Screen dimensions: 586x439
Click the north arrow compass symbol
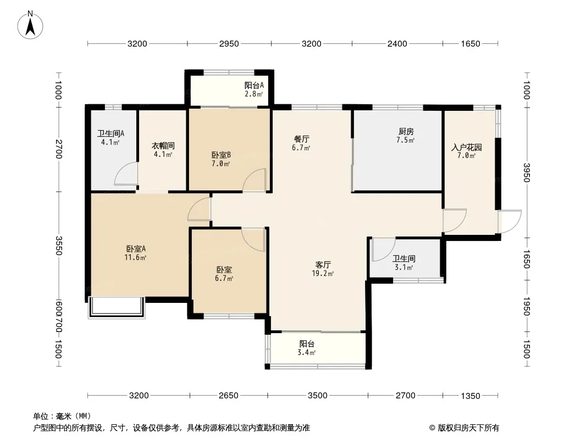click(x=30, y=25)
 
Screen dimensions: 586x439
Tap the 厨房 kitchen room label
click(x=406, y=131)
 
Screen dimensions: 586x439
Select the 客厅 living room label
click(x=323, y=265)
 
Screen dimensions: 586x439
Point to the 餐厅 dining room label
click(x=301, y=139)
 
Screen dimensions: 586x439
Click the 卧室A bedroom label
click(x=136, y=249)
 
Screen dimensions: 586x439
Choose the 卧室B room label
click(x=221, y=155)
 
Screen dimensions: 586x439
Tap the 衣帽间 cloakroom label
click(x=163, y=146)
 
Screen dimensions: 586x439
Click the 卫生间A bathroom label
click(x=110, y=133)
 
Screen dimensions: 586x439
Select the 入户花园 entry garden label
click(x=466, y=147)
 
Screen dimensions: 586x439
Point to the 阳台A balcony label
click(x=254, y=86)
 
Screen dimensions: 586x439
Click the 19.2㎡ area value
click(x=323, y=273)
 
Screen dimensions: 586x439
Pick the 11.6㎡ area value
click(x=136, y=257)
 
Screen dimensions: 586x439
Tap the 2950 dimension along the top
click(x=229, y=44)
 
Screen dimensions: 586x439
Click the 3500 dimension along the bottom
click(x=318, y=395)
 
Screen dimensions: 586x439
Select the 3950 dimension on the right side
click(x=526, y=173)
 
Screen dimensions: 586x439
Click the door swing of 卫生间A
click(x=126, y=174)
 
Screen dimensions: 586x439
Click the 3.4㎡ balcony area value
click(x=306, y=352)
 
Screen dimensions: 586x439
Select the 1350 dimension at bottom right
click(x=470, y=396)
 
